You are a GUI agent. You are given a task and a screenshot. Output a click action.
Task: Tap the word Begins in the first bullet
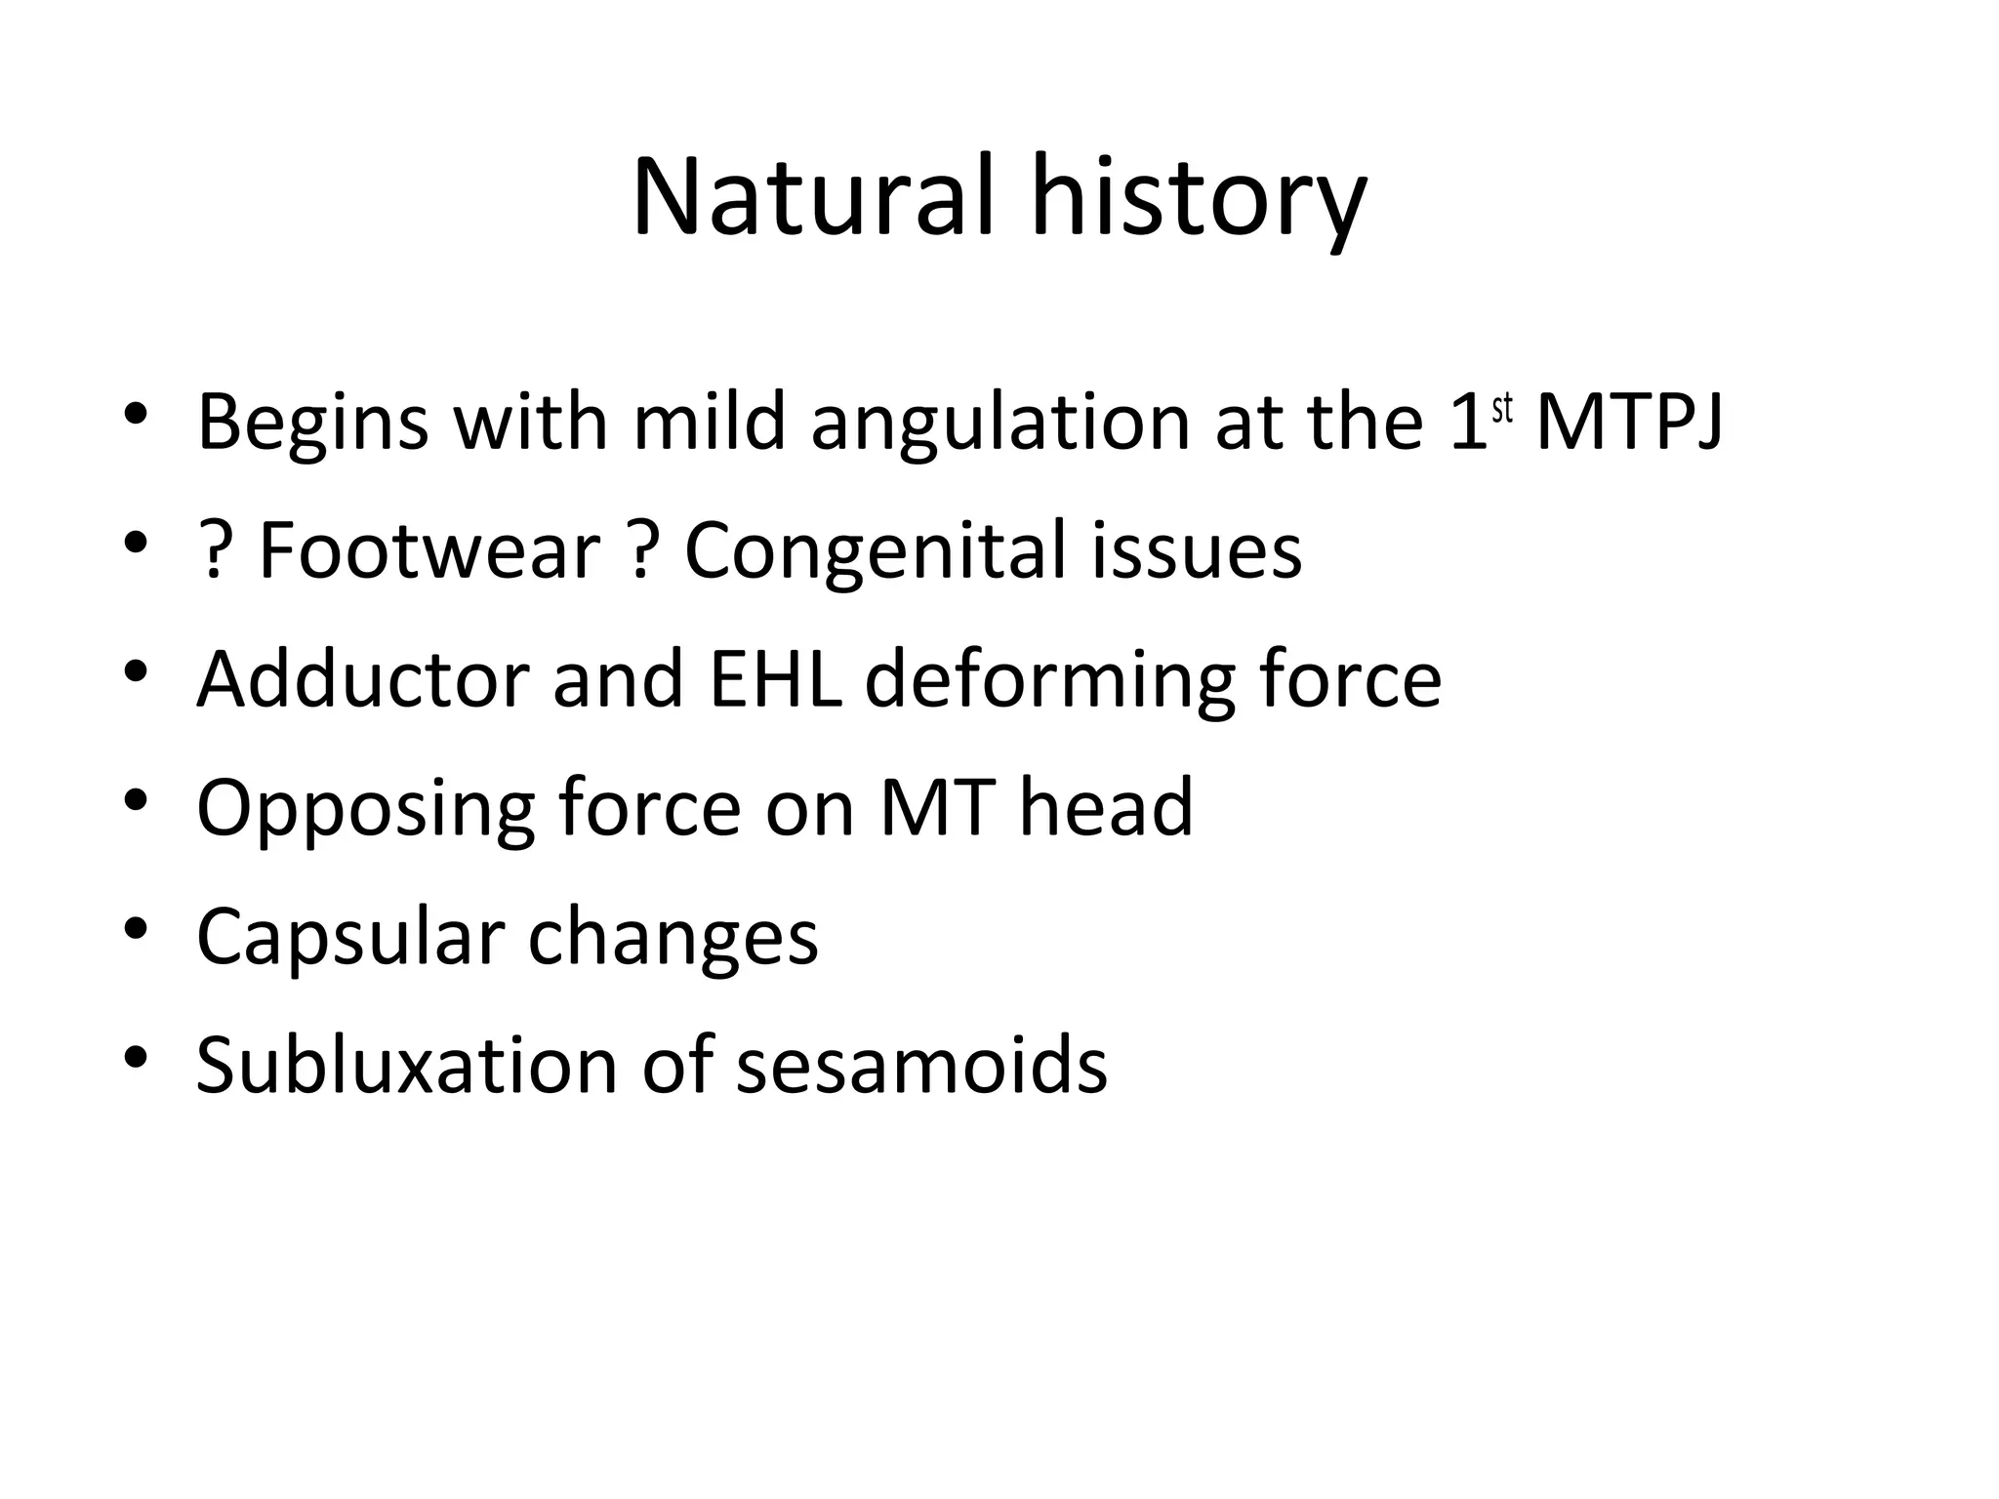coord(312,424)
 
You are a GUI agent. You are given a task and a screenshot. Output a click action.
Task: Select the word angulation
coord(999,424)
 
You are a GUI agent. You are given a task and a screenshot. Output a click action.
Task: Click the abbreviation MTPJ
coord(1628,422)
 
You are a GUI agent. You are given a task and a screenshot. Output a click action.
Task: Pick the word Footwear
coord(428,550)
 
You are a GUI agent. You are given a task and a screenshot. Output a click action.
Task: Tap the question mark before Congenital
coord(640,550)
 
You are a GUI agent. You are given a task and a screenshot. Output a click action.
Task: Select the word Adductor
coord(362,679)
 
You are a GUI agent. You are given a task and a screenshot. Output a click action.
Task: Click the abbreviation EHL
coord(775,679)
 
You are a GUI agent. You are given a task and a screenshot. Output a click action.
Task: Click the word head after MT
coord(1106,807)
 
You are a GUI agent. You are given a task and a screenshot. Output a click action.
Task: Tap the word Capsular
coord(349,937)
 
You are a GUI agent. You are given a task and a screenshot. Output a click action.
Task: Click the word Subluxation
coord(407,1065)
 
